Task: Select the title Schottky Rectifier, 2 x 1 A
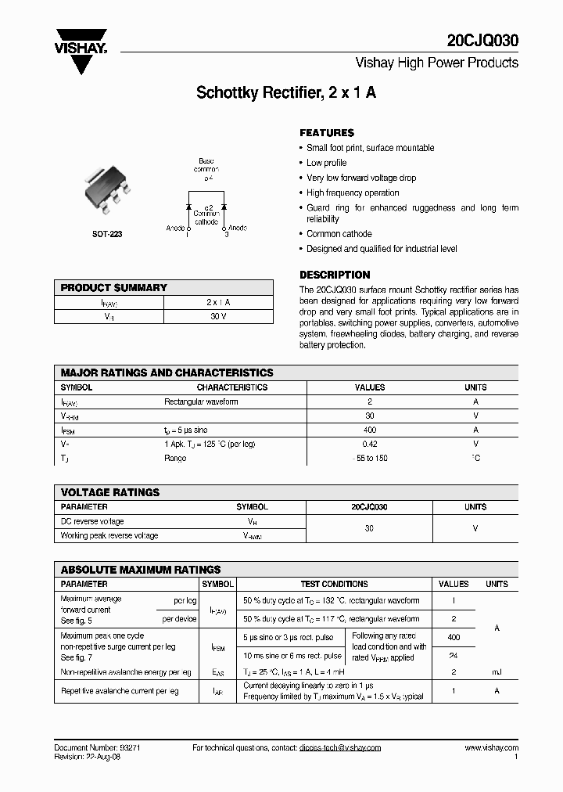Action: coord(286,92)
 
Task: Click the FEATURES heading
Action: coord(327,133)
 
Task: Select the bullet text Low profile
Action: coord(326,163)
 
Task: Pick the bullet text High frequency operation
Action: coord(353,193)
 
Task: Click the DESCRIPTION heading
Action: coord(335,275)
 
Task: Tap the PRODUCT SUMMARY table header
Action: coord(114,288)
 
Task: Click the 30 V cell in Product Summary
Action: coord(218,317)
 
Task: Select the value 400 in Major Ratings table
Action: coord(370,430)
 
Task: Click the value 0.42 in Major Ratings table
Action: coord(370,444)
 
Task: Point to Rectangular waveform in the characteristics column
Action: coord(201,401)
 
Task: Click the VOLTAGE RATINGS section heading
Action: coord(110,492)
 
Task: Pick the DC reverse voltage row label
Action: coord(92,521)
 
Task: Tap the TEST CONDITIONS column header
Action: coord(334,584)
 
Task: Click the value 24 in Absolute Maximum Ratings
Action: coord(454,656)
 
